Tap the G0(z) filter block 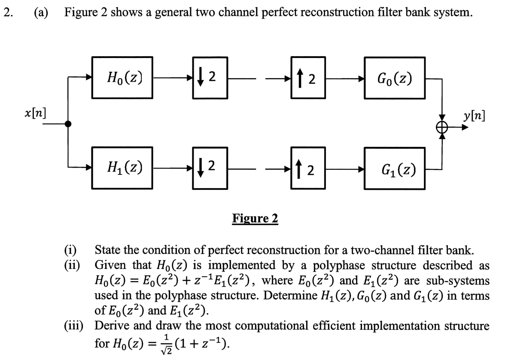395,79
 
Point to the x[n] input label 35,113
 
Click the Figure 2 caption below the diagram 255,219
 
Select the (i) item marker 70,250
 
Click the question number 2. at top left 7,12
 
